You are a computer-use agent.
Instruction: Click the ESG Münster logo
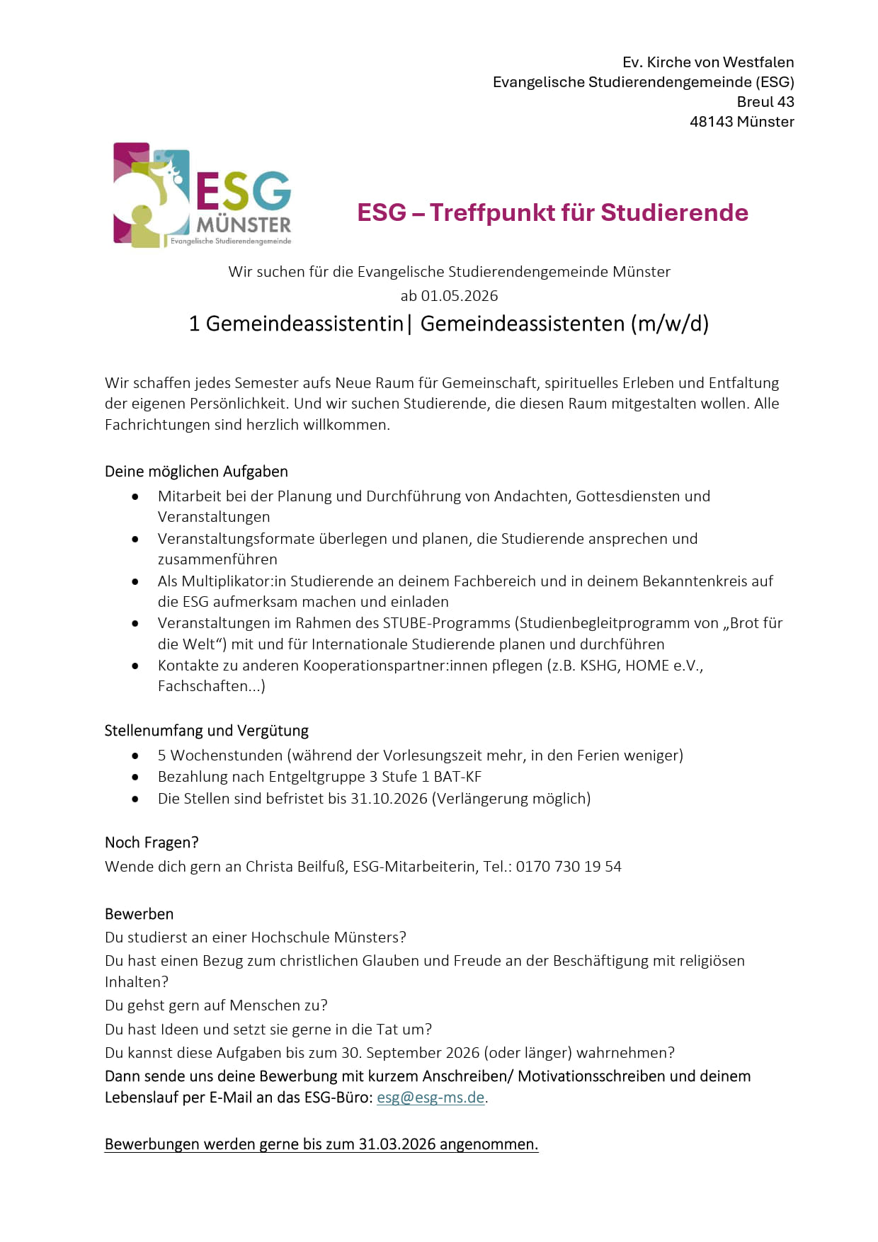click(203, 195)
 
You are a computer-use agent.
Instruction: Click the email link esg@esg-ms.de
click(431, 1098)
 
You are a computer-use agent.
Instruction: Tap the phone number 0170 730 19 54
click(569, 867)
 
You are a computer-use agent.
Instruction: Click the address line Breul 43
click(765, 102)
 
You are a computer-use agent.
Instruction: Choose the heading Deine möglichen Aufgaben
click(196, 472)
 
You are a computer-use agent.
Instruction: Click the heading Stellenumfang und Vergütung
click(206, 731)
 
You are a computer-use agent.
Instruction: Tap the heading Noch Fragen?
click(152, 843)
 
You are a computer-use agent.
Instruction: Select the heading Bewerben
click(139, 914)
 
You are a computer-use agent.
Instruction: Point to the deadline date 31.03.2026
click(397, 1144)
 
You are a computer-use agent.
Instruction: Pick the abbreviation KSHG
click(598, 666)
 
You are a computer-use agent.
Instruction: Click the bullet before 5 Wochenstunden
click(135, 756)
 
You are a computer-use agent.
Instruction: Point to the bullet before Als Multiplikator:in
click(135, 582)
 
